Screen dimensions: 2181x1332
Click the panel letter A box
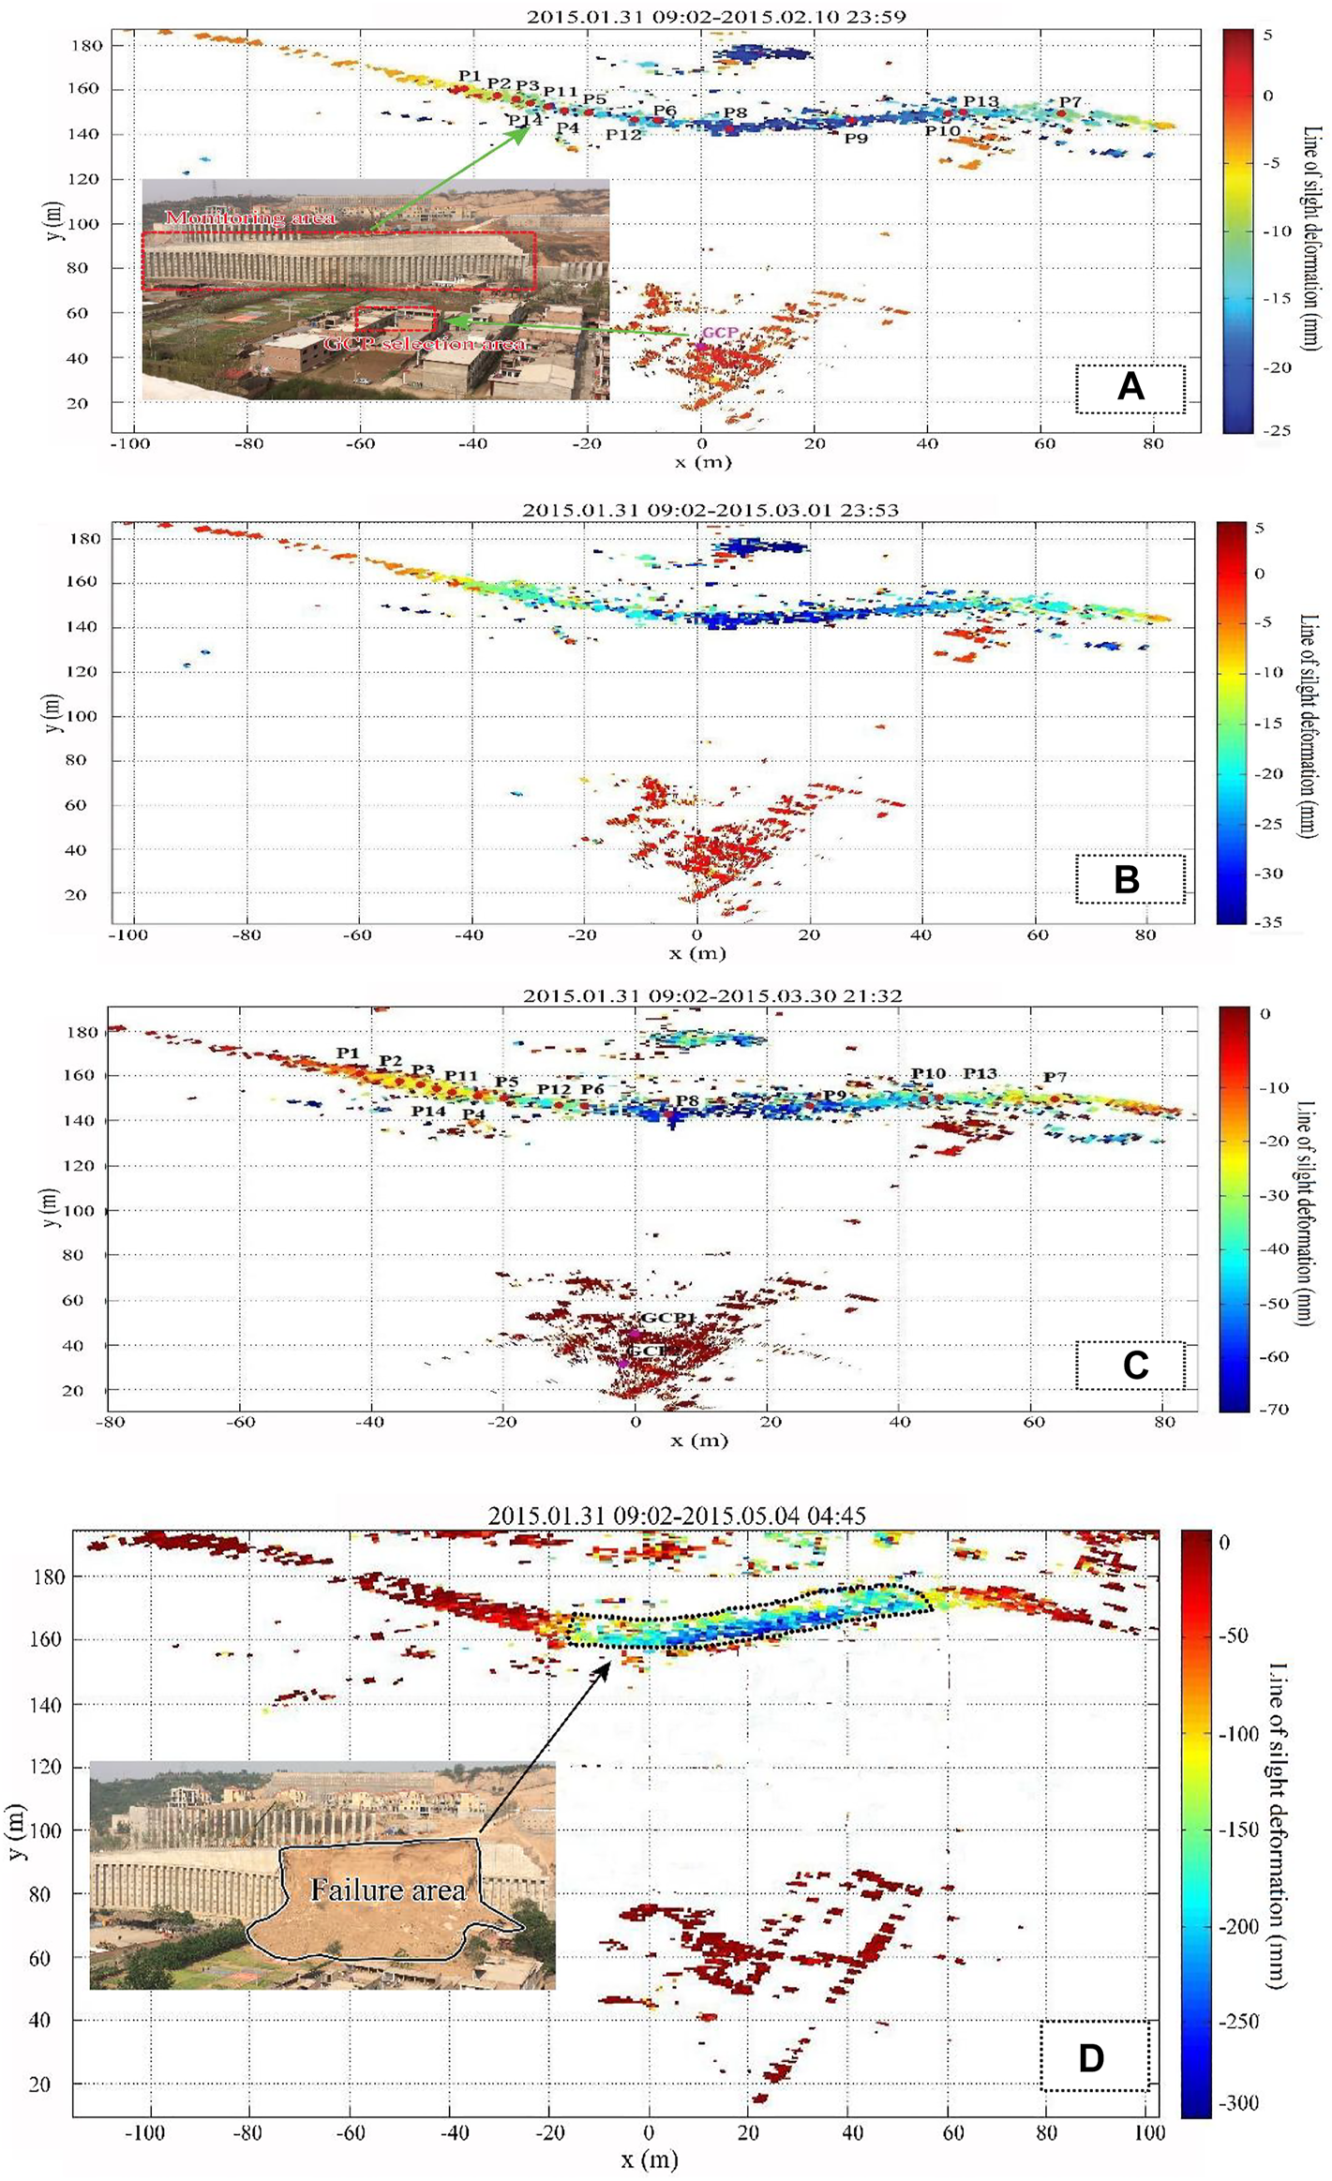click(x=1130, y=387)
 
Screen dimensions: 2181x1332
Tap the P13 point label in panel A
click(x=980, y=101)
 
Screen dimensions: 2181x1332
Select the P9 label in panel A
click(x=855, y=139)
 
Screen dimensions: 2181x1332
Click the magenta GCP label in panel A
click(x=719, y=333)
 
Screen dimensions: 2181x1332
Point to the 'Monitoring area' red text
click(x=250, y=217)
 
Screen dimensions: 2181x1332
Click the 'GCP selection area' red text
click(x=424, y=344)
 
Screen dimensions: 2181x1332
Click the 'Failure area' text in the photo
click(x=387, y=1890)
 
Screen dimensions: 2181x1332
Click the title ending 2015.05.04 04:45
click(x=676, y=1516)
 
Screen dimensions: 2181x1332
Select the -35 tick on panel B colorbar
click(x=1270, y=922)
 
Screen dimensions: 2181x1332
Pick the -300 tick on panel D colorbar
click(x=1237, y=2103)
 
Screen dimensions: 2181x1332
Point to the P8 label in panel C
click(x=687, y=1100)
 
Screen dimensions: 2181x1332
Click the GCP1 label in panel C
click(x=668, y=1318)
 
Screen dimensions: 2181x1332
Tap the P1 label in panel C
click(x=348, y=1053)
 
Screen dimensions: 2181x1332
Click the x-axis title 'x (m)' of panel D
click(x=649, y=2160)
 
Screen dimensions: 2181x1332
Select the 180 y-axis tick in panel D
click(x=49, y=1576)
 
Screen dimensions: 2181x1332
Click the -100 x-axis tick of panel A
click(x=129, y=443)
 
